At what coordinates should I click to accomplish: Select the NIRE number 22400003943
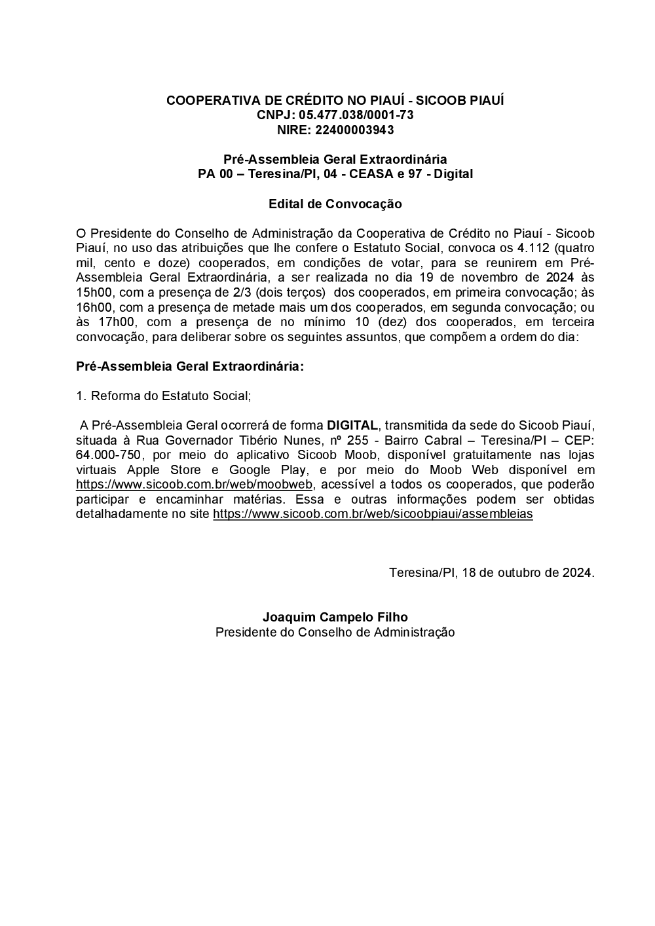(x=354, y=130)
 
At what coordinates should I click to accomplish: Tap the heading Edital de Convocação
(x=335, y=204)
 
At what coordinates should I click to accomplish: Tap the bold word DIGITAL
(x=352, y=425)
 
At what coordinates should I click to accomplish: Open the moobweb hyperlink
(x=195, y=485)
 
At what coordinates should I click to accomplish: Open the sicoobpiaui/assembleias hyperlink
(x=373, y=514)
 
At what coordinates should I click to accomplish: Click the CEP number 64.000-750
(x=108, y=455)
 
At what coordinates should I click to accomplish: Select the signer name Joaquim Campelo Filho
(x=335, y=618)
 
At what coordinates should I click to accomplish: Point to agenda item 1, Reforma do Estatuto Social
(x=164, y=396)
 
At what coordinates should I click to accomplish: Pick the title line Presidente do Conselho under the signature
(x=335, y=633)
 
